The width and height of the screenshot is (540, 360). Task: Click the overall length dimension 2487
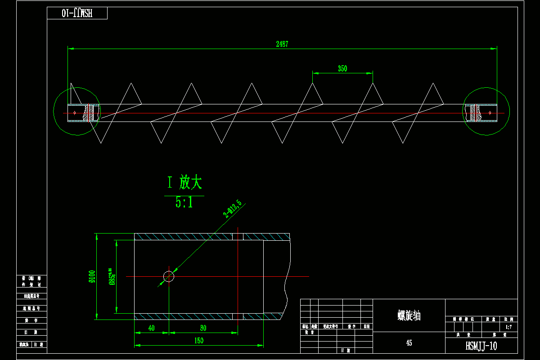pyautogui.click(x=282, y=44)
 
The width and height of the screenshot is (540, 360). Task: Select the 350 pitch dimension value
pyautogui.click(x=342, y=69)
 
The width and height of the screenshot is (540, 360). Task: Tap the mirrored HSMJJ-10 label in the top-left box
pyautogui.click(x=77, y=13)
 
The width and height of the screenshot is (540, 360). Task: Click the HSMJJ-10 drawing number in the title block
pyautogui.click(x=481, y=346)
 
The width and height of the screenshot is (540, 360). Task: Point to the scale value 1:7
pyautogui.click(x=508, y=327)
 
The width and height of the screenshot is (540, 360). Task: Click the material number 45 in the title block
pyautogui.click(x=409, y=343)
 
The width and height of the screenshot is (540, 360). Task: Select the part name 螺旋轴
pyautogui.click(x=409, y=315)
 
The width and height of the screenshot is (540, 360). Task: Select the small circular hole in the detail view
pyautogui.click(x=169, y=276)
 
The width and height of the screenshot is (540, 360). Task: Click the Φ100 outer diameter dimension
pyautogui.click(x=92, y=276)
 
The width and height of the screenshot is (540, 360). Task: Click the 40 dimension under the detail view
pyautogui.click(x=151, y=328)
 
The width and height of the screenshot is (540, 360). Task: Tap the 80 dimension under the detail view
pyautogui.click(x=203, y=328)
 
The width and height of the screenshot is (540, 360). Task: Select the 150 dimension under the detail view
pyautogui.click(x=198, y=341)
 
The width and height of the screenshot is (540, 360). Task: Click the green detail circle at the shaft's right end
pyautogui.click(x=486, y=111)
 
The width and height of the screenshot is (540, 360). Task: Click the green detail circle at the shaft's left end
pyautogui.click(x=76, y=111)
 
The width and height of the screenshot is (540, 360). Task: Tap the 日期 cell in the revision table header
pyautogui.click(x=367, y=326)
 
